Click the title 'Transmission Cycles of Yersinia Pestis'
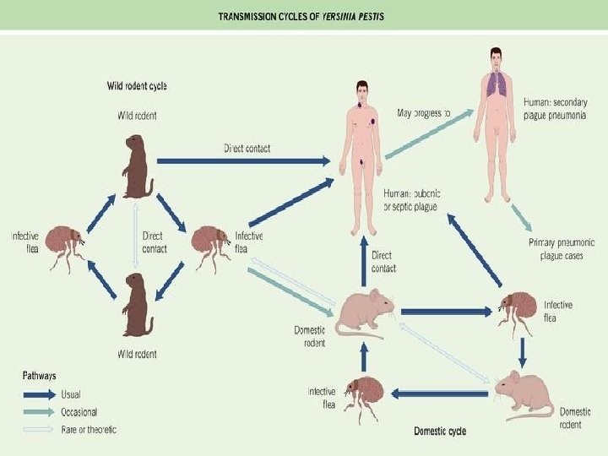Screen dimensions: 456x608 pyautogui.click(x=301, y=17)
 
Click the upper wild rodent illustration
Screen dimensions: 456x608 pyautogui.click(x=138, y=166)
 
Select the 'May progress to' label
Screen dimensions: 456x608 pyautogui.click(x=424, y=112)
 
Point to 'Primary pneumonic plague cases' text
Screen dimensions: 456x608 pyautogui.click(x=560, y=248)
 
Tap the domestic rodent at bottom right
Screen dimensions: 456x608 pyautogui.click(x=524, y=394)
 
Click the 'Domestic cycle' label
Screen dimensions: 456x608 pyautogui.click(x=439, y=431)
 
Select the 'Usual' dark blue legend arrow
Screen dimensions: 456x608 pyautogui.click(x=38, y=394)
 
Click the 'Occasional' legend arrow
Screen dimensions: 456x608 pyautogui.click(x=38, y=412)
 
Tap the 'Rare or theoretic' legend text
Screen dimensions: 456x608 pyautogui.click(x=89, y=429)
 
